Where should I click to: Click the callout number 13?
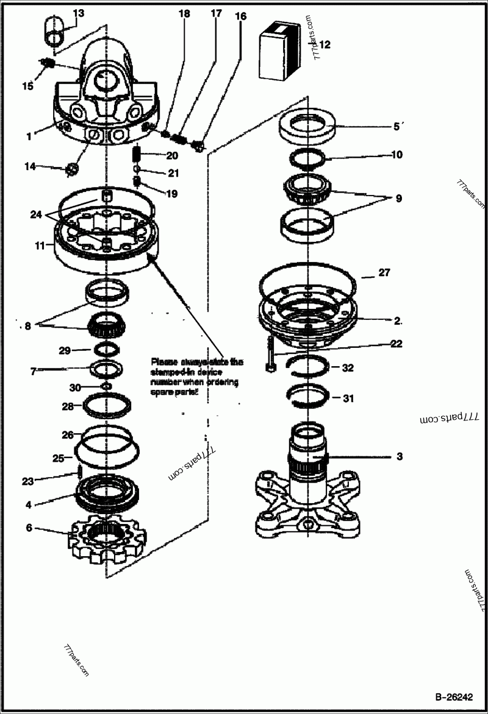click(x=79, y=13)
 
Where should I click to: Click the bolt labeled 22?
click(x=269, y=355)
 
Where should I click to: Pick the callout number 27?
click(x=384, y=272)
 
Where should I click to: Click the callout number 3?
click(x=399, y=456)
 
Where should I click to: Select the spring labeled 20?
click(x=137, y=156)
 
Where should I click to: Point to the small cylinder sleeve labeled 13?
click(x=54, y=32)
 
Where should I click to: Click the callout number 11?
click(x=40, y=246)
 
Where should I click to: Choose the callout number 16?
click(x=240, y=16)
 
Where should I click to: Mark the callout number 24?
click(x=36, y=214)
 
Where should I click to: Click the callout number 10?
click(x=396, y=155)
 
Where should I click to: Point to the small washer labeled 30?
click(x=106, y=387)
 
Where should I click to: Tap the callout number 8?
click(x=27, y=326)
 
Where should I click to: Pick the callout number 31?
click(x=348, y=399)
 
